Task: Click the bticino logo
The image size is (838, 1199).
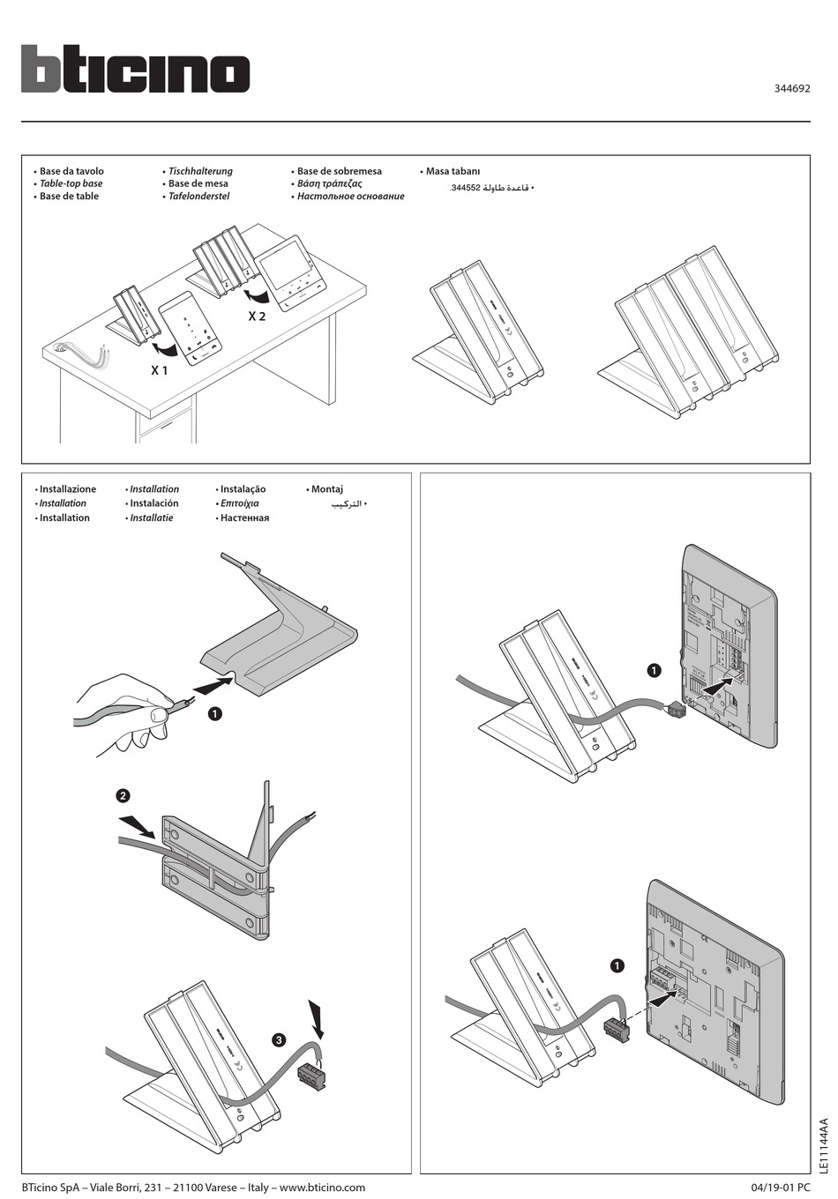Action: tap(135, 69)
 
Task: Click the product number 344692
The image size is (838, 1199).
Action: tap(792, 88)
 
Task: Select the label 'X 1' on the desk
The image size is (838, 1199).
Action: tap(159, 371)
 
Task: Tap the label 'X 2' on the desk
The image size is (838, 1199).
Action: tap(257, 316)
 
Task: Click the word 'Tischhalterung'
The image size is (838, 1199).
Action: tap(200, 171)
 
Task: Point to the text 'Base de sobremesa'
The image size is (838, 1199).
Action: tap(339, 171)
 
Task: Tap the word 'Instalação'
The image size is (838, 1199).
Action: tap(243, 489)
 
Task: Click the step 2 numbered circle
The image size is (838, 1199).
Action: tap(123, 795)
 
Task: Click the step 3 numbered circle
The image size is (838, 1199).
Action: tap(280, 1040)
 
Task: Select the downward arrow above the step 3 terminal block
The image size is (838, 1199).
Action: tap(317, 1018)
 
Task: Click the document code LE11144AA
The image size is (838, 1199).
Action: tap(824, 1145)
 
